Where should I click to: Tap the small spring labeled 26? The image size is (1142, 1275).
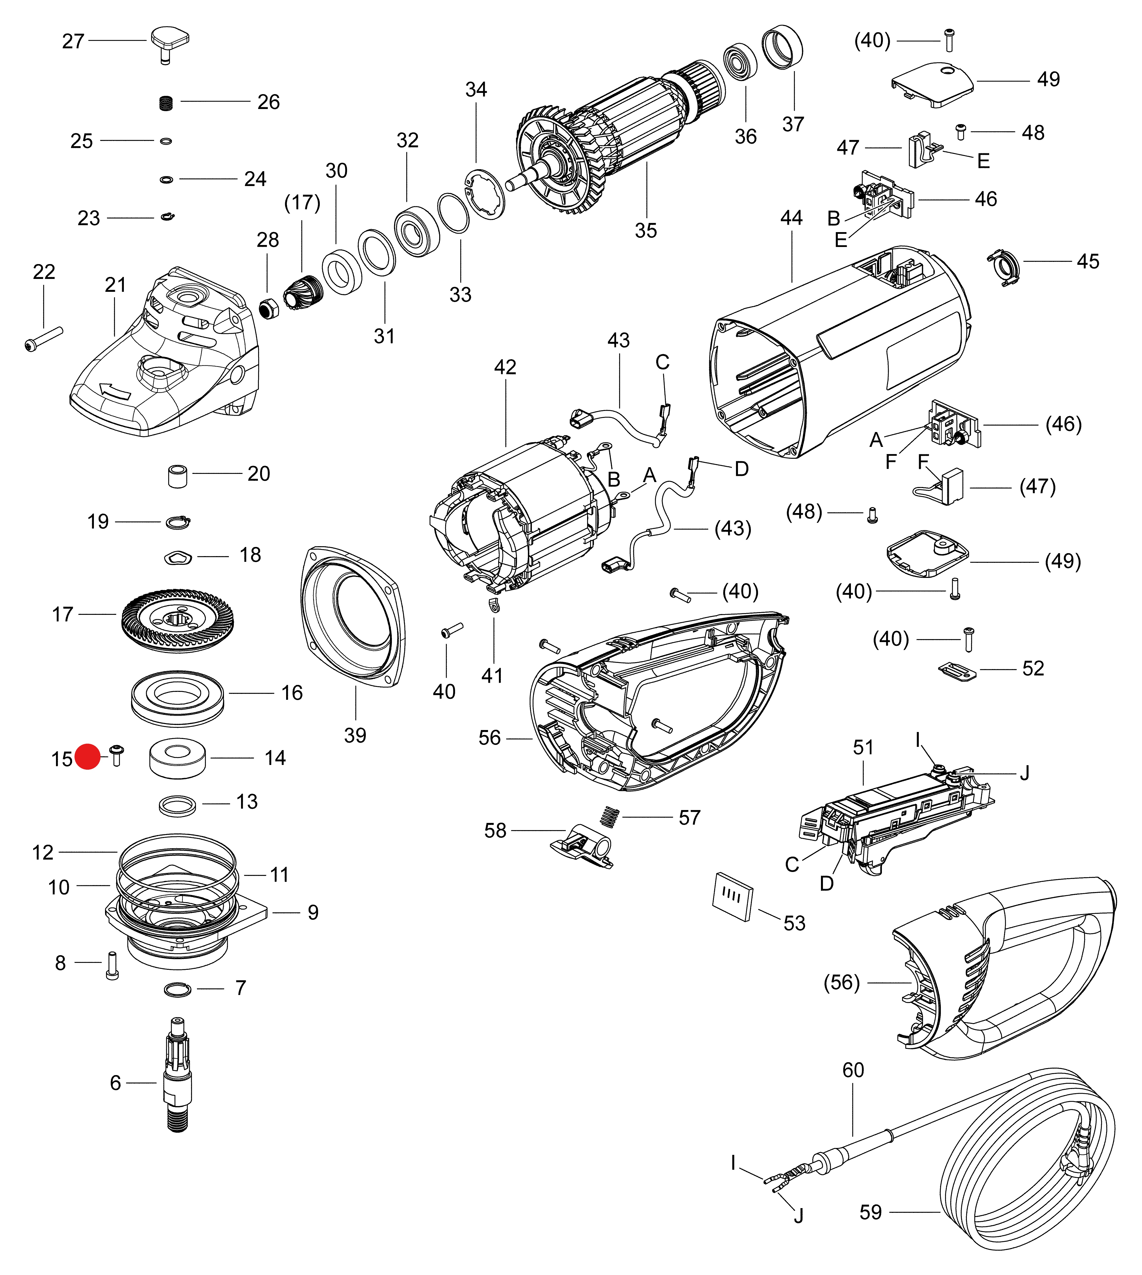(166, 102)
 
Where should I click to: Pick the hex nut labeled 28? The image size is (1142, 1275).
(269, 308)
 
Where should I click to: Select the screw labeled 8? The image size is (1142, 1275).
(112, 966)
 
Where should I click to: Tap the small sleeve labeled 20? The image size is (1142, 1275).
(178, 476)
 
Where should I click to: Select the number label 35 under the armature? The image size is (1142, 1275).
(646, 230)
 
